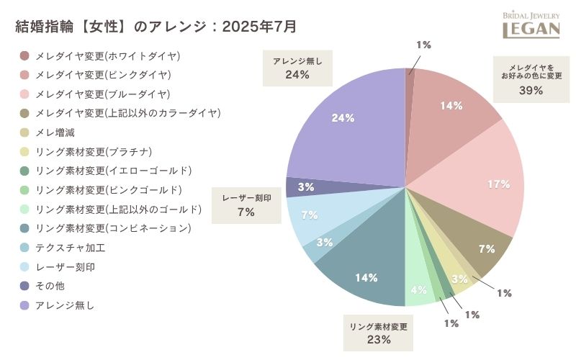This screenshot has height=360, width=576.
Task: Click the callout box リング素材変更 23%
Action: tap(379, 332)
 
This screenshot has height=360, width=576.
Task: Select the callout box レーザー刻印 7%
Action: tap(246, 204)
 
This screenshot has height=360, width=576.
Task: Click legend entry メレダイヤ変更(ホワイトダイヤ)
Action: tap(107, 56)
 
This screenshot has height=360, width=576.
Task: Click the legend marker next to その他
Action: tap(24, 286)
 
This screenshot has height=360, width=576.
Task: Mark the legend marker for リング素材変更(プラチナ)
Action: tap(24, 152)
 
